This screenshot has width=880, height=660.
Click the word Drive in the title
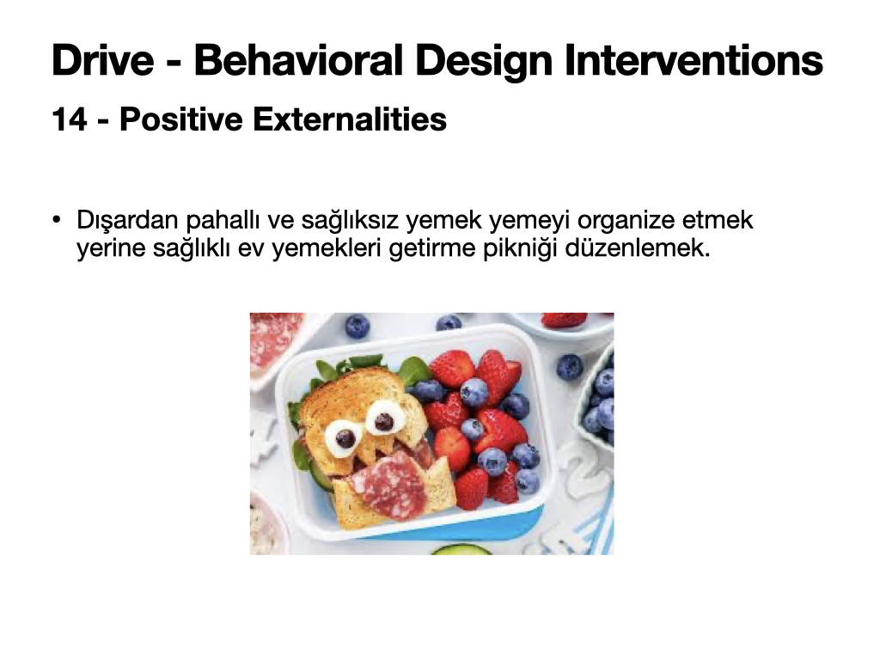pos(103,60)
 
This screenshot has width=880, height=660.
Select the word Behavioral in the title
pos(298,60)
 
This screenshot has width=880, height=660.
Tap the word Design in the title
pos(484,61)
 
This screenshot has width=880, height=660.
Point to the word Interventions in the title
pos(694,60)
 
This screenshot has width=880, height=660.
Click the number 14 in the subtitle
pos(70,119)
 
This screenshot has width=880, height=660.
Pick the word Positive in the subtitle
pos(180,119)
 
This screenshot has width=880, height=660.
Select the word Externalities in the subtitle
pos(350,119)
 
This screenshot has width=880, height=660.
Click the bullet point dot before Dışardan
pos(56,219)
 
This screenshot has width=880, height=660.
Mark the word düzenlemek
pos(638,247)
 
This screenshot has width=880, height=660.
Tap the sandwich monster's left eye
pos(343,437)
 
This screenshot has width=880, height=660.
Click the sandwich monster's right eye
pos(384,419)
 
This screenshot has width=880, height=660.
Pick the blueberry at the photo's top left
pos(357,326)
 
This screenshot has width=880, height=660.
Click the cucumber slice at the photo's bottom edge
pos(461,549)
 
